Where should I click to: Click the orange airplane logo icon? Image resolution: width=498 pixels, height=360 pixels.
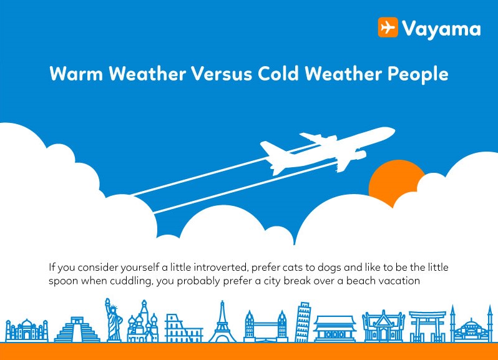[x=388, y=27]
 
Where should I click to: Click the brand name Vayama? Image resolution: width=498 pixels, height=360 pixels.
[x=441, y=29]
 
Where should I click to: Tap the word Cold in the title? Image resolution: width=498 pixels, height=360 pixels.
[x=278, y=74]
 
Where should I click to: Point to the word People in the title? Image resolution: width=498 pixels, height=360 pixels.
[x=417, y=75]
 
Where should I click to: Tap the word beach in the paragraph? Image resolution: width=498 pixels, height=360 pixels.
[x=359, y=281]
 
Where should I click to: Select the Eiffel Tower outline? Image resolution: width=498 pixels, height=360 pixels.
[x=222, y=322]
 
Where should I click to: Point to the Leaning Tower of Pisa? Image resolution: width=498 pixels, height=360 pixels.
[x=303, y=322]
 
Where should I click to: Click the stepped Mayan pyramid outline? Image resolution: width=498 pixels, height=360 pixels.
[x=77, y=329]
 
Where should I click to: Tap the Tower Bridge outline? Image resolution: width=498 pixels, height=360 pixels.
[x=265, y=326]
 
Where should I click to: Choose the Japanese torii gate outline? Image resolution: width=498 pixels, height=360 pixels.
[x=427, y=327]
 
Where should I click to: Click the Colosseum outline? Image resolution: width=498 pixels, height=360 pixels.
[x=183, y=328]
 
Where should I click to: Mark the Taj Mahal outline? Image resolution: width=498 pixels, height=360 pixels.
[x=27, y=331]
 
